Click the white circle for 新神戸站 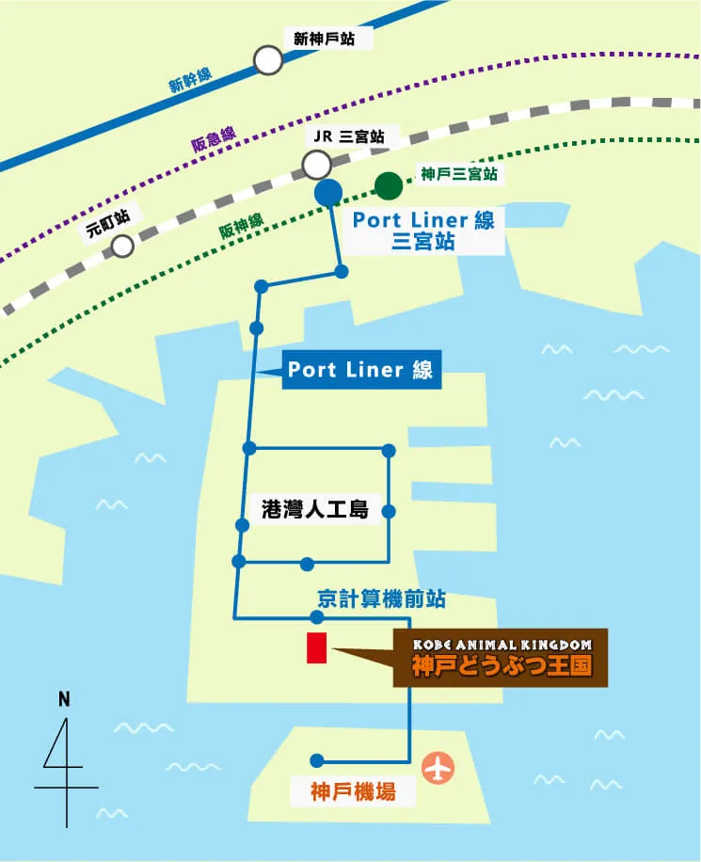(268, 61)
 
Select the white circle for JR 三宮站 (316, 167)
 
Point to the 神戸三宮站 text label (458, 174)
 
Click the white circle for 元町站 (122, 247)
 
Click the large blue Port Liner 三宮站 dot (328, 193)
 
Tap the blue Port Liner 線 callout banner (360, 370)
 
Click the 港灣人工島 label (314, 511)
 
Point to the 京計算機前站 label (381, 598)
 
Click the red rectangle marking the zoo (316, 647)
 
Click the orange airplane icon (438, 767)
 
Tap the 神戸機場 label (353, 792)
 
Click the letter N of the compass (64, 699)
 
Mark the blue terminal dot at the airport (317, 760)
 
